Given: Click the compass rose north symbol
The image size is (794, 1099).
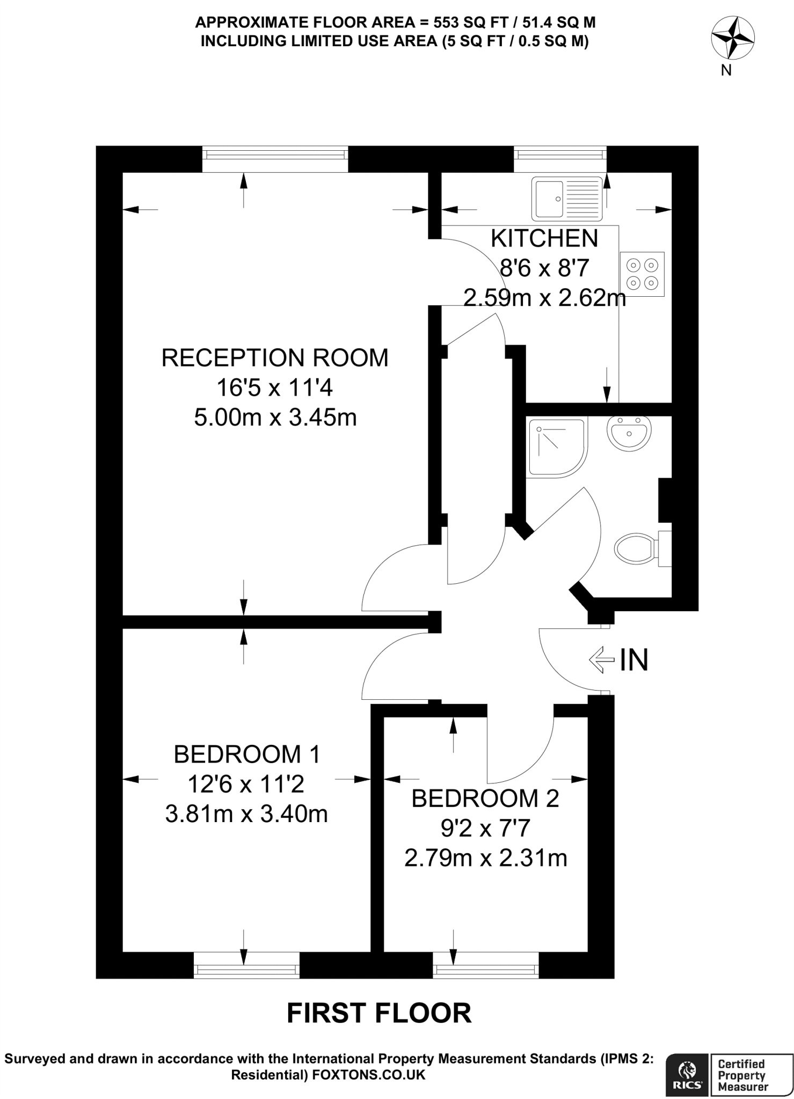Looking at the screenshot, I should (732, 38).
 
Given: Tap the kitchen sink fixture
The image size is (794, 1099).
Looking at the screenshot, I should (567, 199).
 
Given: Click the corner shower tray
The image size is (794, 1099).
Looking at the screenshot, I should (556, 448).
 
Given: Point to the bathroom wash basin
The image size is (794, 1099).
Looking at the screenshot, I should (629, 433).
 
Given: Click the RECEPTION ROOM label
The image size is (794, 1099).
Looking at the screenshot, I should (275, 358).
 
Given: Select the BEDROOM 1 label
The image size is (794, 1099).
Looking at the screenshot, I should (246, 754).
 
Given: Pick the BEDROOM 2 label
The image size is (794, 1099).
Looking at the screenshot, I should (485, 798).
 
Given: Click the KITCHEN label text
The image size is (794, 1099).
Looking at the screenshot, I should (544, 239).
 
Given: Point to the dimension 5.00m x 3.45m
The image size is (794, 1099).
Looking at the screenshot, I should (275, 417).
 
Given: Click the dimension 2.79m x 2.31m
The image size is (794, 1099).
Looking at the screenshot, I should (485, 858).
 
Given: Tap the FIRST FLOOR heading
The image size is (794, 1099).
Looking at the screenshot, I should (379, 1013).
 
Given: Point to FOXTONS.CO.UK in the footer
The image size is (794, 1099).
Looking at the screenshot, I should (368, 1075).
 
